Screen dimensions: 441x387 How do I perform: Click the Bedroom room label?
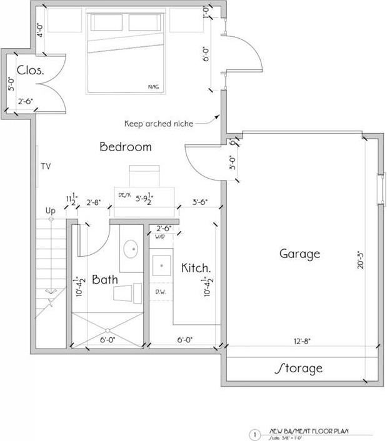[x=126, y=147]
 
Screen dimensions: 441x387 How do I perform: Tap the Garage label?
[x=299, y=254]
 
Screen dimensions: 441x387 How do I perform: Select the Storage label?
[x=299, y=368]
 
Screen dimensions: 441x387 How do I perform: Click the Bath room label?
[x=105, y=280]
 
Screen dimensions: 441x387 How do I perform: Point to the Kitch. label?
[x=196, y=268]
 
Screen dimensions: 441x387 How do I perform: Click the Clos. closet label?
[x=30, y=70]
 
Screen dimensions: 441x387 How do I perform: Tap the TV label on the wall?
[x=46, y=167]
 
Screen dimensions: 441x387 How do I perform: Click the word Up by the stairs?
[x=51, y=211]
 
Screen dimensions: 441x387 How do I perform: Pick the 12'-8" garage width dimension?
[x=301, y=341]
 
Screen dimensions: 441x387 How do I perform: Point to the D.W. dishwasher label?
[x=161, y=291]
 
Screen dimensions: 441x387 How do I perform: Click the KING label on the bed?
[x=153, y=86]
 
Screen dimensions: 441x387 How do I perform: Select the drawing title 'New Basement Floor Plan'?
[x=304, y=430]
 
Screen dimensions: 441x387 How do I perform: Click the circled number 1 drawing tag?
[x=254, y=434]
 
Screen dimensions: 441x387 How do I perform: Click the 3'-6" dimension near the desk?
[x=199, y=202]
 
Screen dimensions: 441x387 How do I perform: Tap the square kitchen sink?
[x=161, y=265]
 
